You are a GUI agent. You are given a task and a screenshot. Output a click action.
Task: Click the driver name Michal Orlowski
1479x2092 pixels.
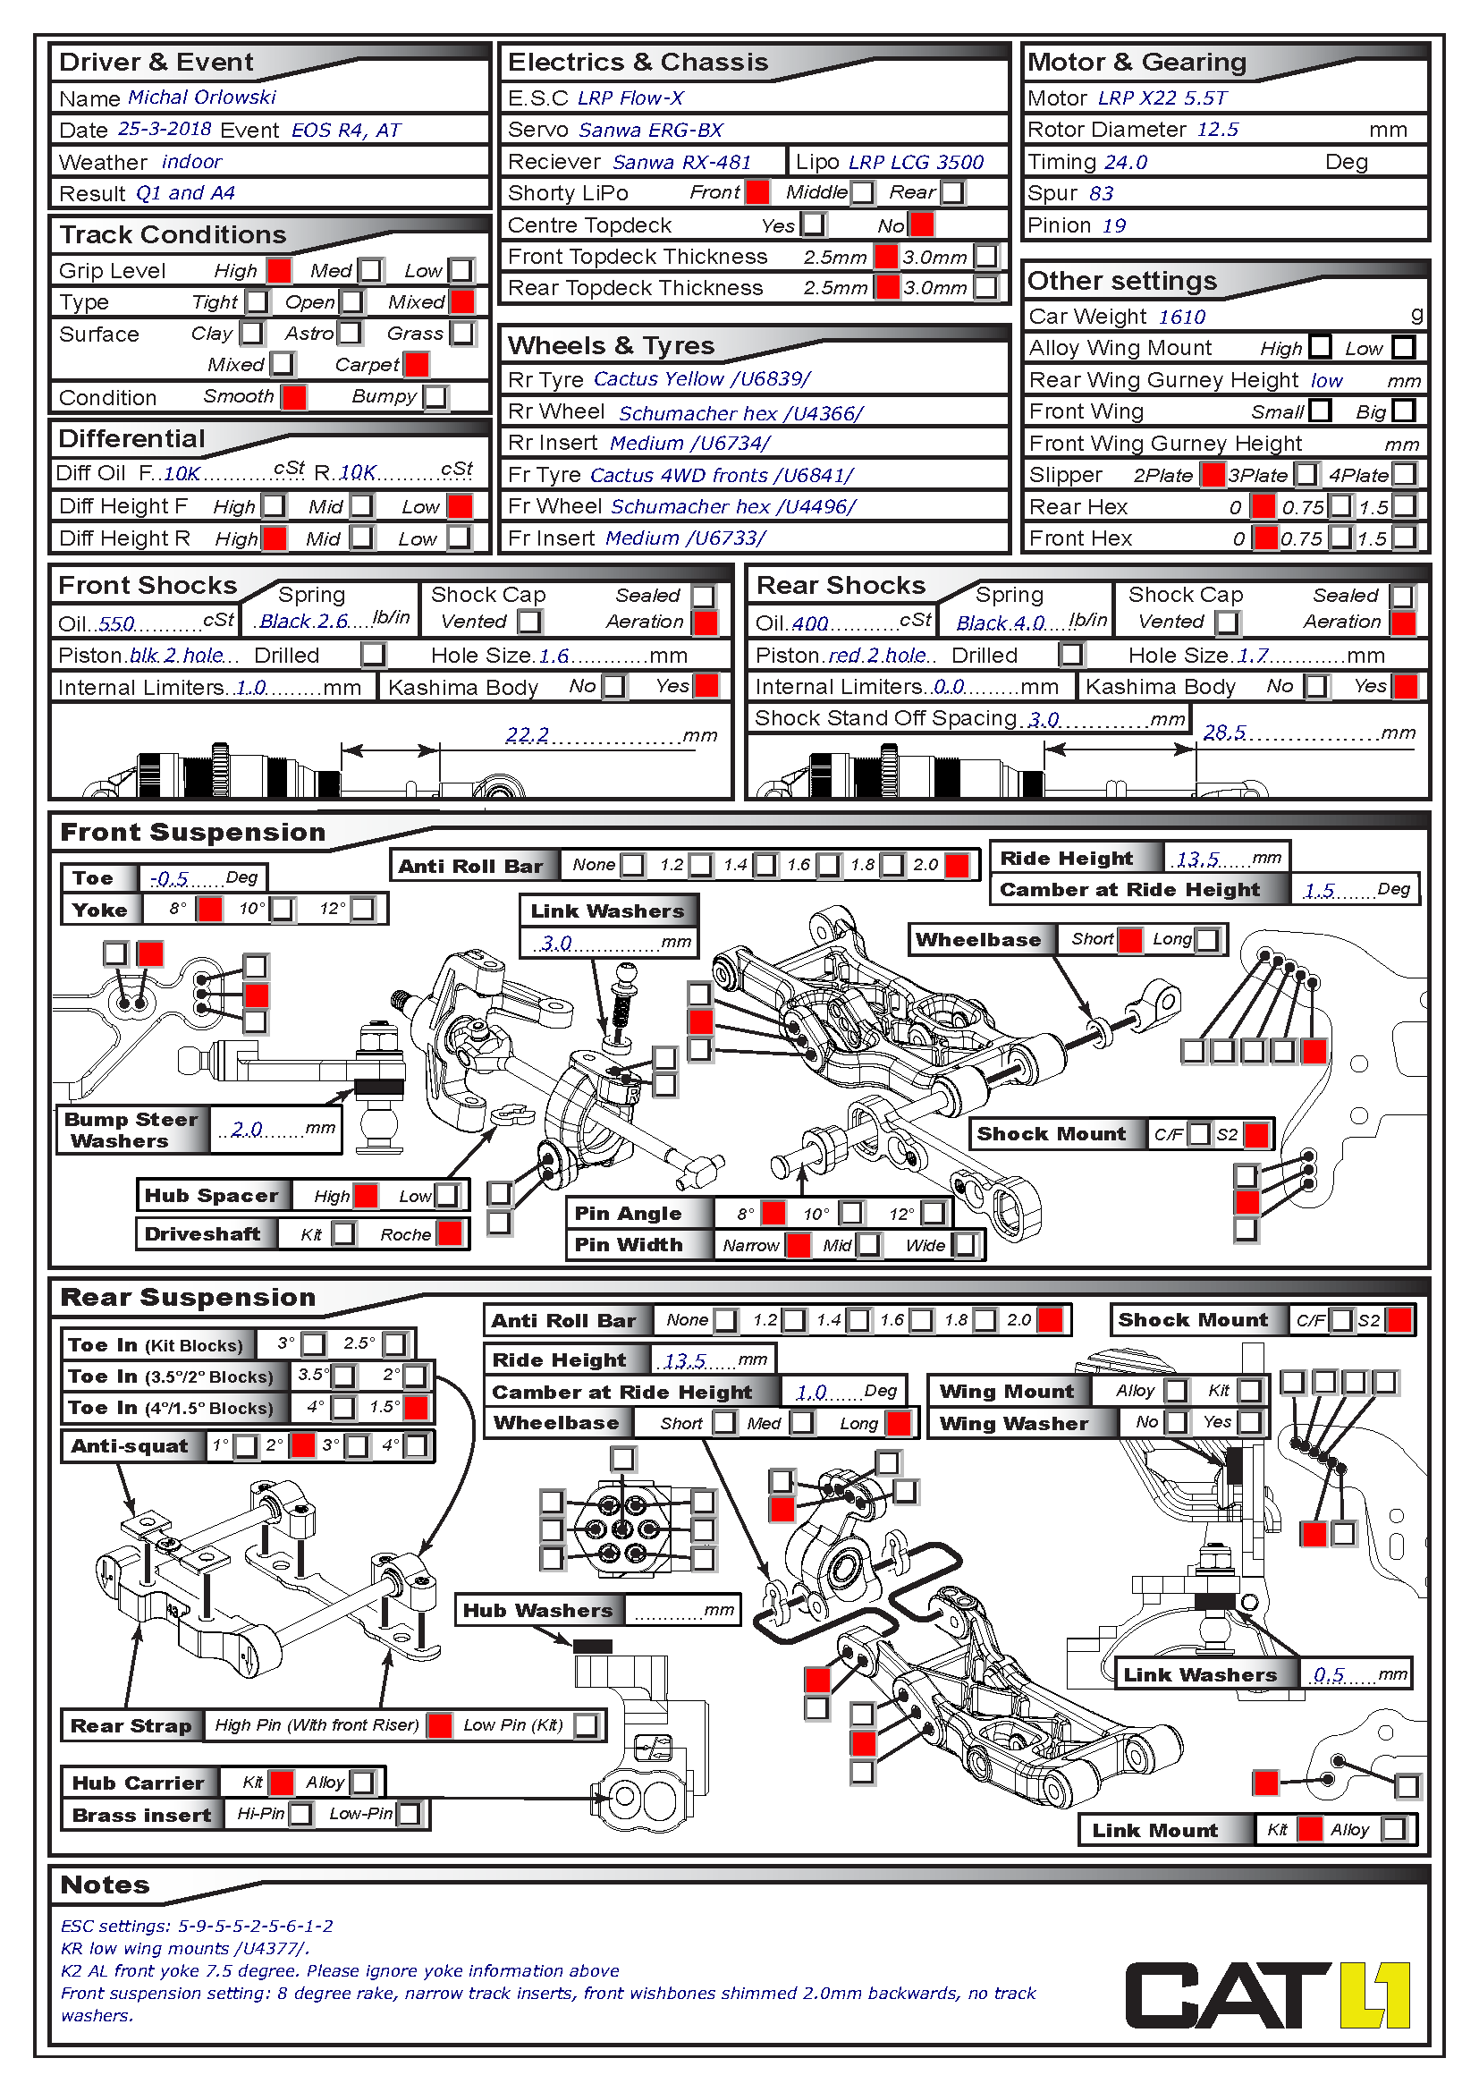coord(201,97)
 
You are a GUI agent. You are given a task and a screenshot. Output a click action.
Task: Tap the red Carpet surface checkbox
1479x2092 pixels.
coord(417,364)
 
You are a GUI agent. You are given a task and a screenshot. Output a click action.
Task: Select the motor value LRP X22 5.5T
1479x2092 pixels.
coord(1162,97)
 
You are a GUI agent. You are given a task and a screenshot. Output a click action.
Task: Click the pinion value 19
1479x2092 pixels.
coord(1114,225)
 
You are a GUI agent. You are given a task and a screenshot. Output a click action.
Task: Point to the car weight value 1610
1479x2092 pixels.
coord(1181,316)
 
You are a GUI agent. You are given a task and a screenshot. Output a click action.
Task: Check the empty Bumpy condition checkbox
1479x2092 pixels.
coord(437,397)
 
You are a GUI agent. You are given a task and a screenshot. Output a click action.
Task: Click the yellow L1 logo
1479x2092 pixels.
coord(1374,1995)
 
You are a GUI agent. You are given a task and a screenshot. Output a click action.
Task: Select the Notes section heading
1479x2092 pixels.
coord(105,1884)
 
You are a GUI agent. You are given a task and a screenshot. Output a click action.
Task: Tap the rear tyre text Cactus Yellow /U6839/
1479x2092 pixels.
coord(701,379)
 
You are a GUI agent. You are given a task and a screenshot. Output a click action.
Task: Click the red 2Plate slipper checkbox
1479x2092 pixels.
coord(1213,475)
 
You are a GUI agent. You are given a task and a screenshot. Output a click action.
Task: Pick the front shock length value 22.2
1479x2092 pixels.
coord(528,734)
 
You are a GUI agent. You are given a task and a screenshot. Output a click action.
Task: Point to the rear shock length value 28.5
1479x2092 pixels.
coord(1224,733)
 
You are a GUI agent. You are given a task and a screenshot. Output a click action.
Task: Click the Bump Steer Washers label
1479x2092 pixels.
coord(131,1130)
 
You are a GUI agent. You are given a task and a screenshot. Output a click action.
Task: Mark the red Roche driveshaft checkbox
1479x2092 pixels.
coord(449,1233)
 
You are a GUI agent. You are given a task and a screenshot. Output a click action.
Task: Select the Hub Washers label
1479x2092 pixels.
coord(537,1610)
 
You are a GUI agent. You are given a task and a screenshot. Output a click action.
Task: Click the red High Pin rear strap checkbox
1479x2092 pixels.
coord(440,1724)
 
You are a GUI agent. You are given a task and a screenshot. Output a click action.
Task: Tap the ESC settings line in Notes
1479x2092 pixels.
coord(197,1926)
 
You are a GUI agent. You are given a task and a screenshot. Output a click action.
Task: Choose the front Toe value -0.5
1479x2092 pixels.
coord(169,878)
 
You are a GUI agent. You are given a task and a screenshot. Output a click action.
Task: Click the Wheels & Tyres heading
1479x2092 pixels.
coord(610,345)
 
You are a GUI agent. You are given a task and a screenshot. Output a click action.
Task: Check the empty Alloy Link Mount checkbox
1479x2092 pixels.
coord(1393,1829)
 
